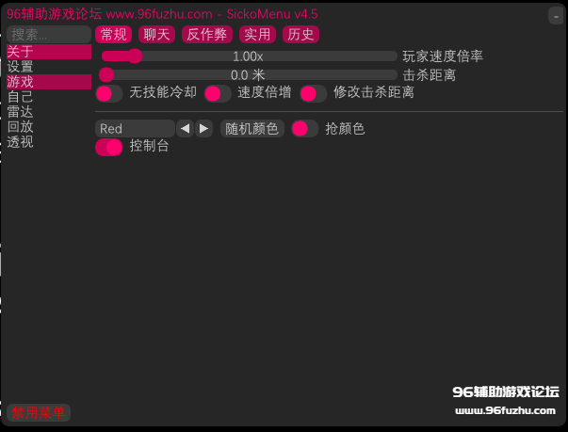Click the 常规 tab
click(113, 35)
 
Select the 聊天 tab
click(156, 35)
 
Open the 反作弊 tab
click(207, 35)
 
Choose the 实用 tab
click(257, 35)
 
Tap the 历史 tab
click(300, 35)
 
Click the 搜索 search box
click(49, 35)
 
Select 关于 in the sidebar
click(49, 52)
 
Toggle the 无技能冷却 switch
click(109, 94)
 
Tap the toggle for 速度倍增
click(218, 94)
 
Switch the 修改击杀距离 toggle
click(314, 94)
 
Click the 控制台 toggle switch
click(109, 147)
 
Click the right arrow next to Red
click(204, 128)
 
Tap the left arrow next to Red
click(185, 128)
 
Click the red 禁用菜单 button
click(39, 412)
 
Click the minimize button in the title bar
click(556, 16)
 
